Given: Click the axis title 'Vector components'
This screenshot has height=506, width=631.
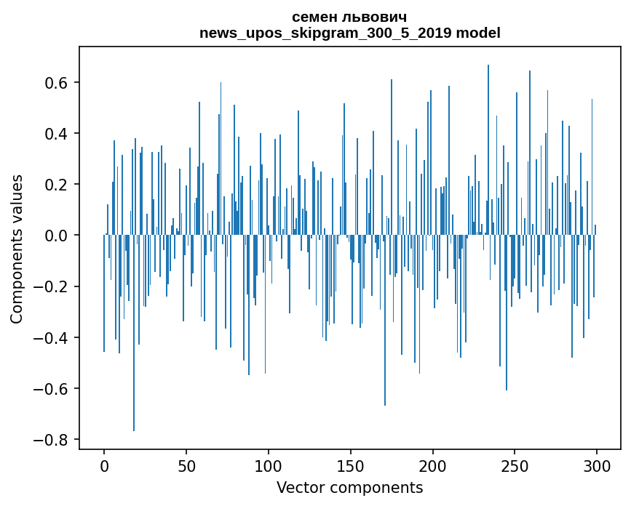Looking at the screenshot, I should pos(349,487).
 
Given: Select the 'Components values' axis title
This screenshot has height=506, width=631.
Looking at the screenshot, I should pos(17,249).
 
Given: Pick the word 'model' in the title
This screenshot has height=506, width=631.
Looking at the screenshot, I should pos(478,33).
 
